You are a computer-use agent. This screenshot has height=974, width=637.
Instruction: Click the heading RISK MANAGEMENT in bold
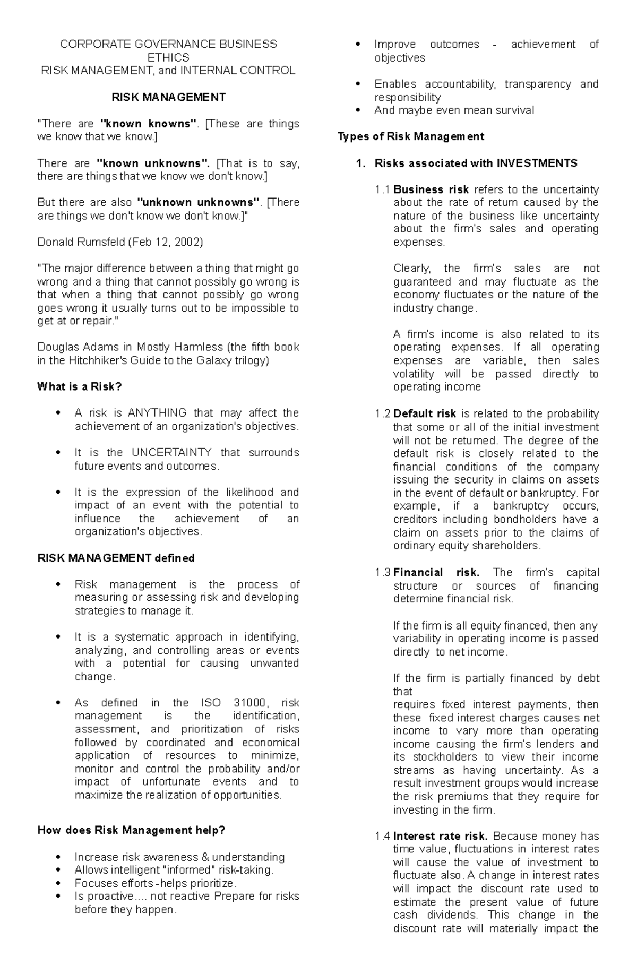(x=168, y=97)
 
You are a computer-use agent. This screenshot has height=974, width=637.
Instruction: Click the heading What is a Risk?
(x=80, y=386)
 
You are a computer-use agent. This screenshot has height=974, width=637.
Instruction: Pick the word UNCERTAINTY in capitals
(x=171, y=453)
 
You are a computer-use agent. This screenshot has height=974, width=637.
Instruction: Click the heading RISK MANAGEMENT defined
(x=116, y=558)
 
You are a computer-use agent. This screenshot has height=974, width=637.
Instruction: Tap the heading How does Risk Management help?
(x=132, y=830)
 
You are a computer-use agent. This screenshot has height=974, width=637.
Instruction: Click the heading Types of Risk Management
(x=411, y=136)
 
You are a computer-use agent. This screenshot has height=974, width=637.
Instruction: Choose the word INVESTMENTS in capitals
(x=537, y=163)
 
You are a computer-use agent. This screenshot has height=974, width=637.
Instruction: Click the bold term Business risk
(x=431, y=189)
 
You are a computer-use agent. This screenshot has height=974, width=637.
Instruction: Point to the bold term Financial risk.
(x=436, y=572)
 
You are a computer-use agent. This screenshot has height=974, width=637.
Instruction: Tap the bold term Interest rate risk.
(x=441, y=836)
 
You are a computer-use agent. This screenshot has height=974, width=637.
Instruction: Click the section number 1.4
(x=382, y=836)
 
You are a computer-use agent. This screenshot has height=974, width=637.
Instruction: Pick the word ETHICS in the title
(x=168, y=57)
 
